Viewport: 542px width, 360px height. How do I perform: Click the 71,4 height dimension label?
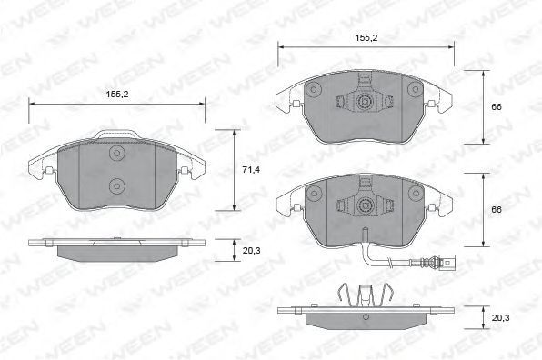[x=251, y=170]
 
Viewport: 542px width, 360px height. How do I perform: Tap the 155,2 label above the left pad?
[x=117, y=94]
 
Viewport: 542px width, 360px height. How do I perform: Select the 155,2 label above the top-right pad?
[x=366, y=38]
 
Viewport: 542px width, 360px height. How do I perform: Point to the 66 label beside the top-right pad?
[x=497, y=107]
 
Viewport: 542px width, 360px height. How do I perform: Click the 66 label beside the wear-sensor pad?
[x=497, y=210]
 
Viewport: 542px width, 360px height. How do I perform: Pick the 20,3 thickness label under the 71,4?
[x=251, y=251]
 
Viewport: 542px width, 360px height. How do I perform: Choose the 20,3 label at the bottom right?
[x=500, y=317]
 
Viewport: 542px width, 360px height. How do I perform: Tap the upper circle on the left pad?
[x=116, y=153]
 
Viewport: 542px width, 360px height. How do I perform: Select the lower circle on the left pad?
[x=116, y=186]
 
